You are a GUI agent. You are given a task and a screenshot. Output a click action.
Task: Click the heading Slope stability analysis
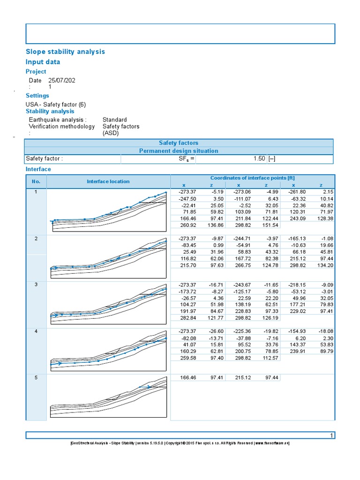(65, 52)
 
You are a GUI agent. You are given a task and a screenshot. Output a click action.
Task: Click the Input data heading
(43, 62)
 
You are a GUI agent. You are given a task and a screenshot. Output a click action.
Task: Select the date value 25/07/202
(62, 80)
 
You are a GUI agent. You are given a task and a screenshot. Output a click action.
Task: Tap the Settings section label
(37, 96)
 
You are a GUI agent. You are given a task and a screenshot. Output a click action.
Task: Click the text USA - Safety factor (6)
(56, 105)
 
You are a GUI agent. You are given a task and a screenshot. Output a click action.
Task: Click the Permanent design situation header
(179, 151)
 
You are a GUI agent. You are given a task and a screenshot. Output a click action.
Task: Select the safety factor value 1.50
(259, 159)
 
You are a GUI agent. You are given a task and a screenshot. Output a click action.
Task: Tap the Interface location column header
(108, 181)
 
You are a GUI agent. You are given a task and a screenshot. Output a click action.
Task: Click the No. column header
(36, 181)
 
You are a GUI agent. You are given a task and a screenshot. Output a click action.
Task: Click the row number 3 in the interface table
(36, 285)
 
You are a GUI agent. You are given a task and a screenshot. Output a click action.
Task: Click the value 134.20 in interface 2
(322, 265)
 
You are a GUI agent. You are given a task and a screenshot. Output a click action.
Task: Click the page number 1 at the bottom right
(331, 435)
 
